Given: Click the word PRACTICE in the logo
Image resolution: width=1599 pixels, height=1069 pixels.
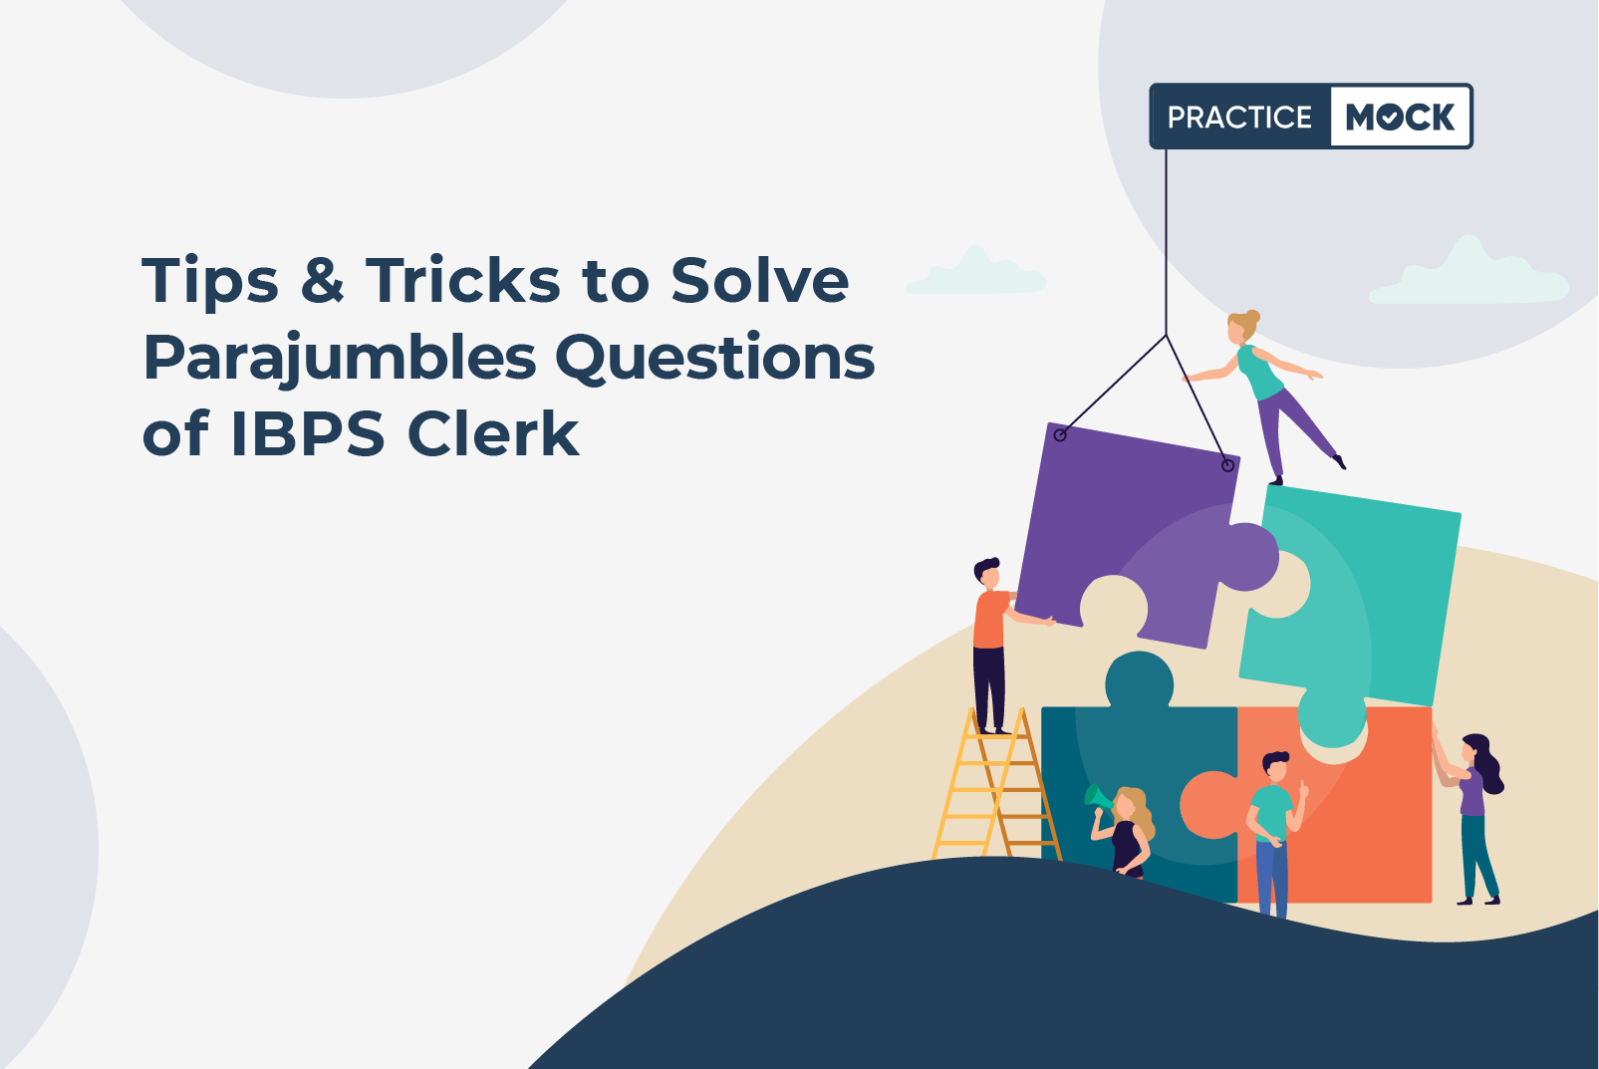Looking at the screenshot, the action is [x=1239, y=117].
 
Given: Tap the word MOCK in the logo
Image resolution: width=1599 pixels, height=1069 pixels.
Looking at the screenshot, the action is [x=1400, y=117].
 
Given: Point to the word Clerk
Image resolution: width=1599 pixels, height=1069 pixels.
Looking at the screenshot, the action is [x=493, y=433].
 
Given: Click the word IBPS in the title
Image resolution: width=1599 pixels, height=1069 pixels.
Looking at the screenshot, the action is [x=308, y=434].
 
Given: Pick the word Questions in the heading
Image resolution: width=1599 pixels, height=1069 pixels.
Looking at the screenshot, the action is [x=715, y=356].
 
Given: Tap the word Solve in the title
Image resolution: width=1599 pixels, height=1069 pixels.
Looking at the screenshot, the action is [x=759, y=280].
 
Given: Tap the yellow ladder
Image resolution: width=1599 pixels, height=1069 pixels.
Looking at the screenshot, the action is [x=996, y=785].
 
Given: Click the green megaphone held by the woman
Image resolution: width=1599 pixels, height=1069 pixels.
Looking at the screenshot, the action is [x=1097, y=797].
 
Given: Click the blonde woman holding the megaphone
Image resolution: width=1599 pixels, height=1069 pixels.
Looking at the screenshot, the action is [x=1126, y=831].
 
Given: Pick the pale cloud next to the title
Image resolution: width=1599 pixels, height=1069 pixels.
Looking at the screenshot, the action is [x=975, y=272].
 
